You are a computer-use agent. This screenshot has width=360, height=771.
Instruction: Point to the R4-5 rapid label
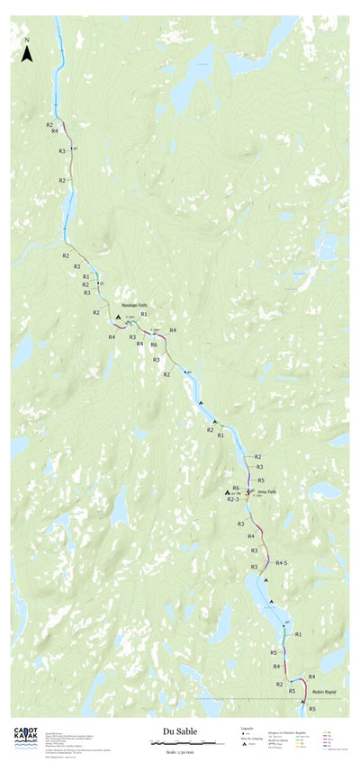pos(282,562)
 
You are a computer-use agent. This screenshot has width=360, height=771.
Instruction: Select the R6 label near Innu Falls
pos(236,488)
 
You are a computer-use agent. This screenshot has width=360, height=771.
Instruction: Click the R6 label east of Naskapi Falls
pos(154,345)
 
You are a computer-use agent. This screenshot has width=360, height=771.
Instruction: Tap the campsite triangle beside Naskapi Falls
pos(118,318)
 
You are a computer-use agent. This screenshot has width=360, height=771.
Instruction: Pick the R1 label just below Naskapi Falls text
pos(144,314)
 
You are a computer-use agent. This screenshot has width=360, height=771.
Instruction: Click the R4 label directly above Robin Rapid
pos(311,676)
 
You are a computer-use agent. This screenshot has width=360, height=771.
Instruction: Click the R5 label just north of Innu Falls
pos(260,480)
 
